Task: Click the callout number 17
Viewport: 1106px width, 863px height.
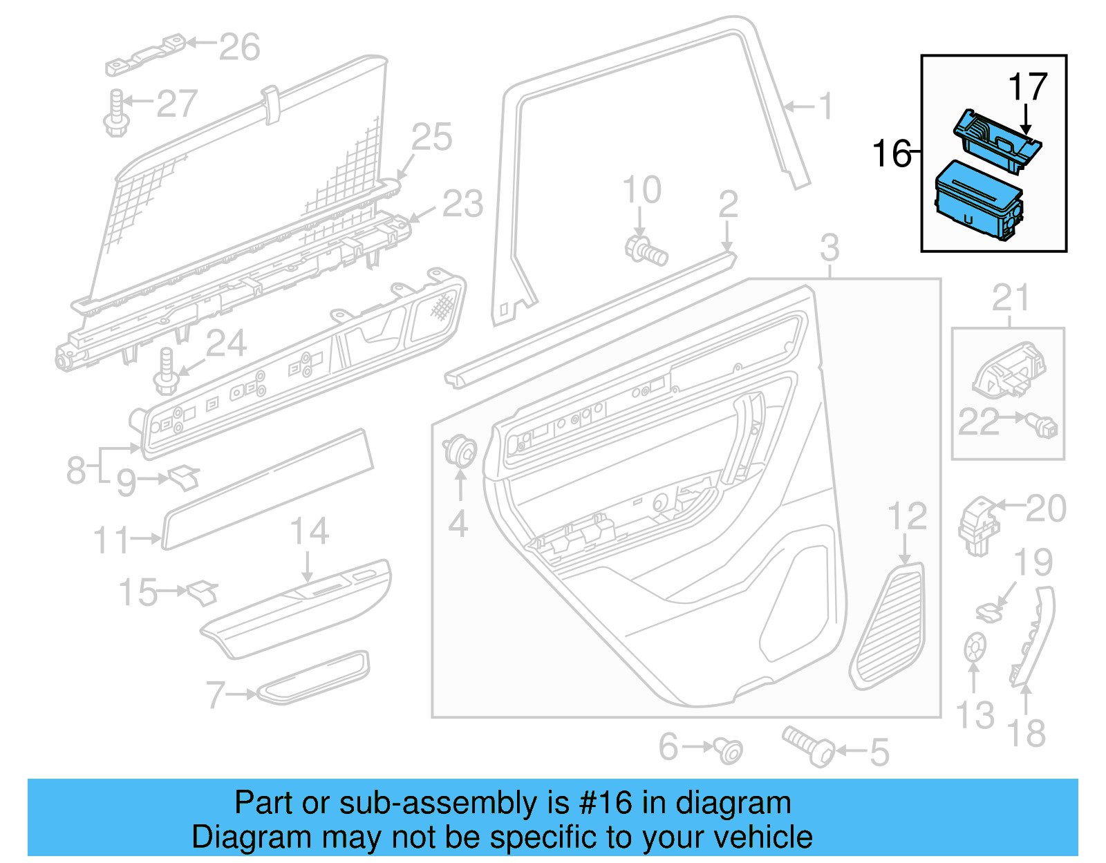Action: [1027, 87]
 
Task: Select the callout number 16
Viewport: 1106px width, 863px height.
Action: [891, 153]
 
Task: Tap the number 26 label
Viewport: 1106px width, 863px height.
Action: [239, 47]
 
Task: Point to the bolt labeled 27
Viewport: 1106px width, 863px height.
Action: [116, 114]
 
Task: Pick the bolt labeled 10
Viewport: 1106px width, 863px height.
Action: [646, 249]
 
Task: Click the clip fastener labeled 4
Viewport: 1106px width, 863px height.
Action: [460, 452]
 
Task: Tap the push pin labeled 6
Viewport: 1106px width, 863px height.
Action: [730, 750]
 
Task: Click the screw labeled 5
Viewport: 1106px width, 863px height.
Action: [809, 746]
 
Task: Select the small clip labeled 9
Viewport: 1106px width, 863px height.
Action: [185, 477]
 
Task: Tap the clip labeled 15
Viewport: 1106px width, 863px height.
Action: [203, 592]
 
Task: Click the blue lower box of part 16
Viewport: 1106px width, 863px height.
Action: [977, 201]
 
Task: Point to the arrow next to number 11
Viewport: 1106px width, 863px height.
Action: [147, 538]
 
